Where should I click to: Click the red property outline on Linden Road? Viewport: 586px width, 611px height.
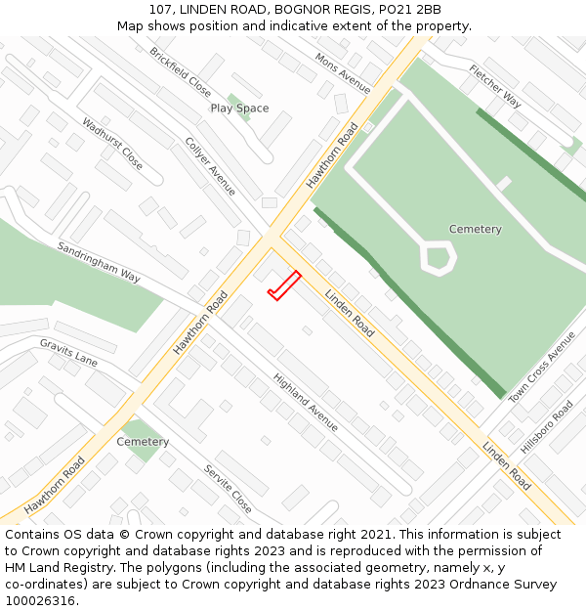pyautogui.click(x=283, y=286)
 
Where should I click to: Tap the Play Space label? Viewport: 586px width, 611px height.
pyautogui.click(x=239, y=109)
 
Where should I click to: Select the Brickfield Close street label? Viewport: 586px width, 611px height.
pyautogui.click(x=181, y=71)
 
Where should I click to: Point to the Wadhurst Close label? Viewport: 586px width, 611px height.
pyautogui.click(x=112, y=145)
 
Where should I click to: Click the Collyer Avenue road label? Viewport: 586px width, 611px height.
pyautogui.click(x=210, y=165)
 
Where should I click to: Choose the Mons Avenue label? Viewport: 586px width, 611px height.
pyautogui.click(x=343, y=73)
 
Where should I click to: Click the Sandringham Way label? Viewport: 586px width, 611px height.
pyautogui.click(x=99, y=262)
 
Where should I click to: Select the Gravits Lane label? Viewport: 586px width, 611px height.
pyautogui.click(x=68, y=353)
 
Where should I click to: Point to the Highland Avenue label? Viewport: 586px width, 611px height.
pyautogui.click(x=306, y=403)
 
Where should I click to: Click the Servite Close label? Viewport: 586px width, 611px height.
pyautogui.click(x=228, y=489)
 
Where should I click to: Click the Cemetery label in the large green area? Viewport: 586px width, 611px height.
pyautogui.click(x=476, y=230)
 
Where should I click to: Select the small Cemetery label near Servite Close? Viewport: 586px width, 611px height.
pyautogui.click(x=143, y=442)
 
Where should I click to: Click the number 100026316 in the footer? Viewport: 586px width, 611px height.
pyautogui.click(x=39, y=601)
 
